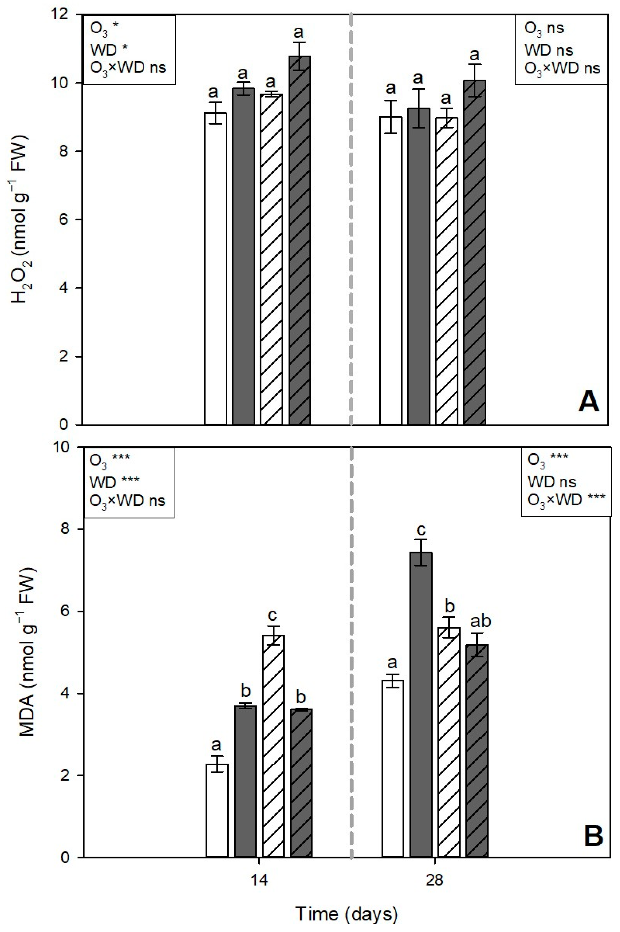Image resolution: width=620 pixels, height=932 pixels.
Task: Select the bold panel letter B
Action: click(593, 835)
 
